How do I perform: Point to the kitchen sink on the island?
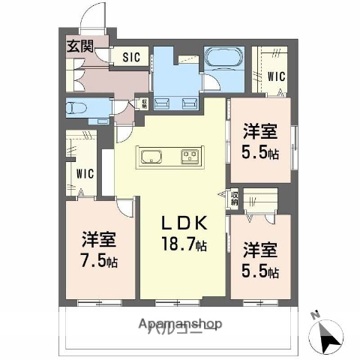[150, 157]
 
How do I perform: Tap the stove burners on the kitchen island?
[188, 157]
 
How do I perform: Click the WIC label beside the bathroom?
[276, 76]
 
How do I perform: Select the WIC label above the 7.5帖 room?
[85, 174]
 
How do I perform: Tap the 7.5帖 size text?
[100, 262]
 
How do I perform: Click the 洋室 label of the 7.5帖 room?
[100, 242]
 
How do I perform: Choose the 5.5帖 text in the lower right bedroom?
[262, 271]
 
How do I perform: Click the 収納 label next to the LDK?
[235, 197]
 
